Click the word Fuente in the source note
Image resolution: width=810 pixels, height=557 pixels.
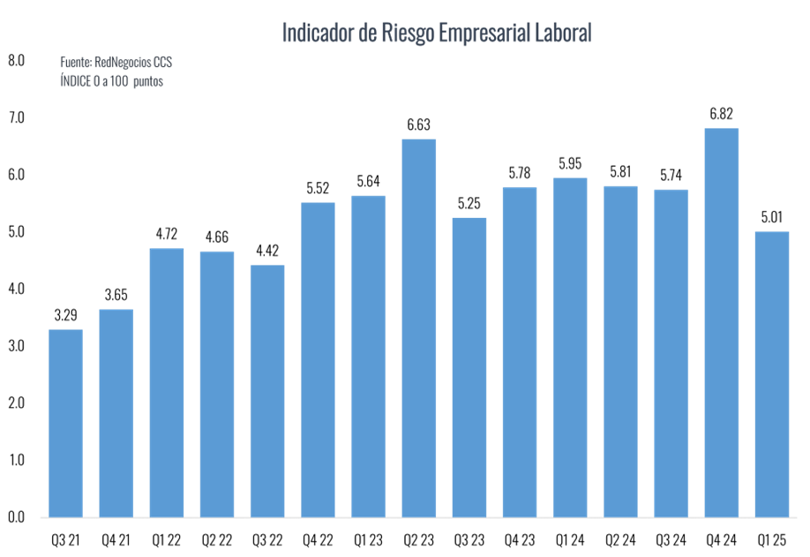(74, 64)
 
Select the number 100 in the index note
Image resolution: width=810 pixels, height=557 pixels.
(120, 80)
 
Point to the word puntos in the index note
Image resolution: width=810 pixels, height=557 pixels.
(148, 80)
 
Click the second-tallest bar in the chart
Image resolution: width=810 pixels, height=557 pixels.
(419, 327)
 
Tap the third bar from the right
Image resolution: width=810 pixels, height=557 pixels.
(671, 352)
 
